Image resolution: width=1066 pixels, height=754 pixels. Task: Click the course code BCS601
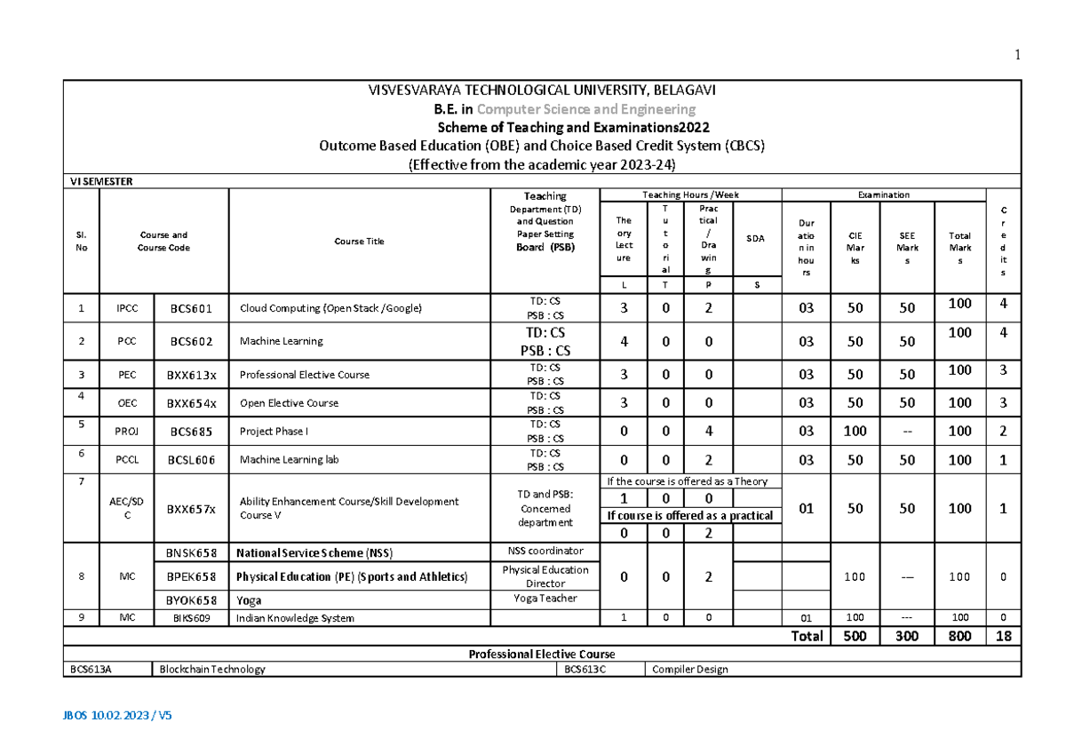pos(191,309)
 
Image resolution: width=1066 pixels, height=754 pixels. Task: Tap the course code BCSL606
pos(191,460)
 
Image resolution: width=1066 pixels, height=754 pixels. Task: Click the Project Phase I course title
pos(272,432)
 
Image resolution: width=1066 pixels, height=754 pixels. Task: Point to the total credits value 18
pos(1003,636)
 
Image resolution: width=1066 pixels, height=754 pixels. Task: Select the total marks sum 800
pos(959,636)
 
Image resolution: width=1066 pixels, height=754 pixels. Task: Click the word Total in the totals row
pos(806,636)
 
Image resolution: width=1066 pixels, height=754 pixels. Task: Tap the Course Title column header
pos(360,242)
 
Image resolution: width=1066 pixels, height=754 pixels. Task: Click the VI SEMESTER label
pos(101,181)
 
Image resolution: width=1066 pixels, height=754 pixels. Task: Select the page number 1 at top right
pos(1017,55)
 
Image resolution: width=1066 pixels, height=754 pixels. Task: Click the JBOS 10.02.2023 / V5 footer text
pos(117,715)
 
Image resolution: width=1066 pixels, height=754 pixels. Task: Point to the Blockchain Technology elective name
pos(212,670)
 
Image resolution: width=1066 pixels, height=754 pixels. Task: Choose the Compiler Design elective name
pos(689,670)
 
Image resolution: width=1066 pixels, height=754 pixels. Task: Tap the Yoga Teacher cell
pos(545,599)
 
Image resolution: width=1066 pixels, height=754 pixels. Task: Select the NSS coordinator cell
pos(545,552)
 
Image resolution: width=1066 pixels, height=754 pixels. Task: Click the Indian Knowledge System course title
pos(295,618)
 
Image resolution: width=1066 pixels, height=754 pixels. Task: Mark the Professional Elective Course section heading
pos(542,654)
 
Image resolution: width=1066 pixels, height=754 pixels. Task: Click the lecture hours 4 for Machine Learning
pos(624,341)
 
